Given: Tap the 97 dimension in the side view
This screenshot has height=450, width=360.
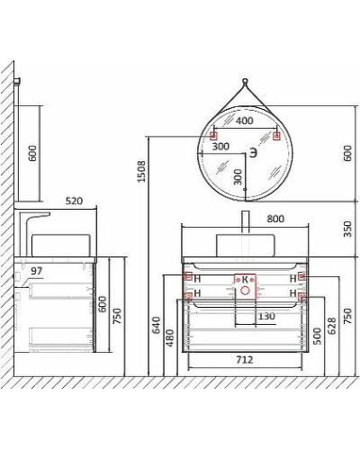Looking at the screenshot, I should point(36,270).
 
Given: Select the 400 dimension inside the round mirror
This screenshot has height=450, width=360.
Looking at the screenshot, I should point(244,120).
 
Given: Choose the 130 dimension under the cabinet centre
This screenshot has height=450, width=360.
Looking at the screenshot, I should point(266,315).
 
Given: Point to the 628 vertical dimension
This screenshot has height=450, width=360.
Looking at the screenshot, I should point(331,325).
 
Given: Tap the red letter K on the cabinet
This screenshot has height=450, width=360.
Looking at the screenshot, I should point(244,280).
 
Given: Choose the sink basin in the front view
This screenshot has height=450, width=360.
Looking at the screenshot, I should point(245,242).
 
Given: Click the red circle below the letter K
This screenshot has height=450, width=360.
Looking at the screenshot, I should point(244,292).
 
